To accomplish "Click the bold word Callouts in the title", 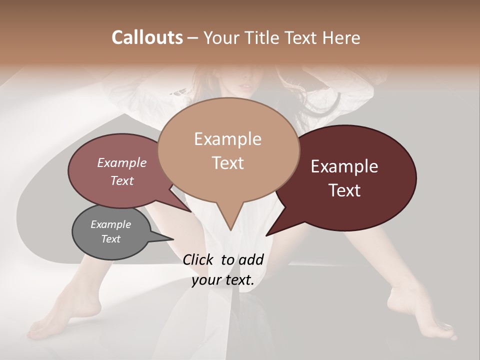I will (x=147, y=37).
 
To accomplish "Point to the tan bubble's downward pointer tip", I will (x=230, y=229).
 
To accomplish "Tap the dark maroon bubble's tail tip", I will (x=267, y=235).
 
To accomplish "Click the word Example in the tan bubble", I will (x=227, y=139).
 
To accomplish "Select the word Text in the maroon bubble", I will (x=345, y=190).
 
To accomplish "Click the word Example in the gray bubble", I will (x=110, y=224).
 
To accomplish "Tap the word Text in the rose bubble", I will (x=122, y=180).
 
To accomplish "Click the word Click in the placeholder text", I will (x=199, y=259).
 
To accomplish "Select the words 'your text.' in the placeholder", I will (x=223, y=280).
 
